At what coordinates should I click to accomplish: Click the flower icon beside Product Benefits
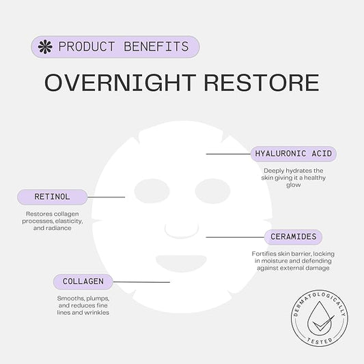click(x=46, y=47)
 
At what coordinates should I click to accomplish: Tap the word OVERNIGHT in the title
click(x=115, y=83)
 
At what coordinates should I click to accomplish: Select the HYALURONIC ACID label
click(x=293, y=154)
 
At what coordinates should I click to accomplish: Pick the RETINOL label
click(x=53, y=197)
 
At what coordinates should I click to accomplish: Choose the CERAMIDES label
click(x=294, y=237)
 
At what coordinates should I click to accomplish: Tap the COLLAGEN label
click(x=83, y=281)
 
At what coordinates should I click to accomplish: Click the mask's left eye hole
click(x=152, y=191)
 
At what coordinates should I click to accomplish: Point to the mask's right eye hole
click(x=212, y=191)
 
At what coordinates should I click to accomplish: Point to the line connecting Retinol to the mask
click(x=107, y=197)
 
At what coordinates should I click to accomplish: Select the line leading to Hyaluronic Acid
click(x=228, y=154)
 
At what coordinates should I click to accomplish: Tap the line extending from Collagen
click(x=141, y=281)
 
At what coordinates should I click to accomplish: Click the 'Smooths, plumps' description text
click(x=83, y=305)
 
